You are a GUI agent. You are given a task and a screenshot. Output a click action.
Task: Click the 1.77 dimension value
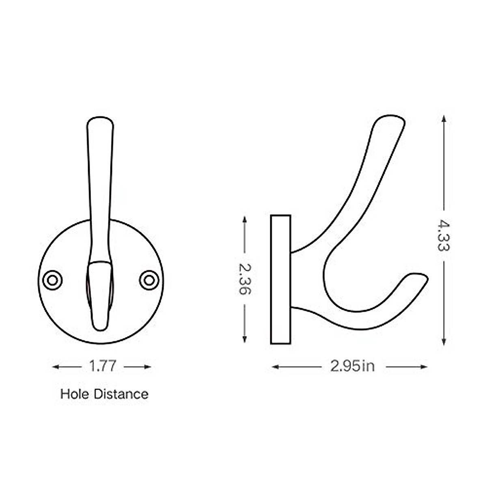pos(103,366)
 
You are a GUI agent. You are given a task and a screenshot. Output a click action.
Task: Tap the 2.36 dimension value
pos(245,279)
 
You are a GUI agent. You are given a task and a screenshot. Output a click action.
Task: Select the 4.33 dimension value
pos(444,236)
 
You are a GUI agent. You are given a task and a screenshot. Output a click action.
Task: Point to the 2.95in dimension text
pos(352,366)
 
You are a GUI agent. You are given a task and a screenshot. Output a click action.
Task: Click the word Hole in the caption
pos(75,394)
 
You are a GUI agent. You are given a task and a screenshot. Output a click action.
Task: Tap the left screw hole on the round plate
pos(52,280)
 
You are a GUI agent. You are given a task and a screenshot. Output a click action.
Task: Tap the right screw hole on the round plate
pos(149,280)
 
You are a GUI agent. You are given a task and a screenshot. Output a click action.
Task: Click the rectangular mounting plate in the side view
pos(280,279)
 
